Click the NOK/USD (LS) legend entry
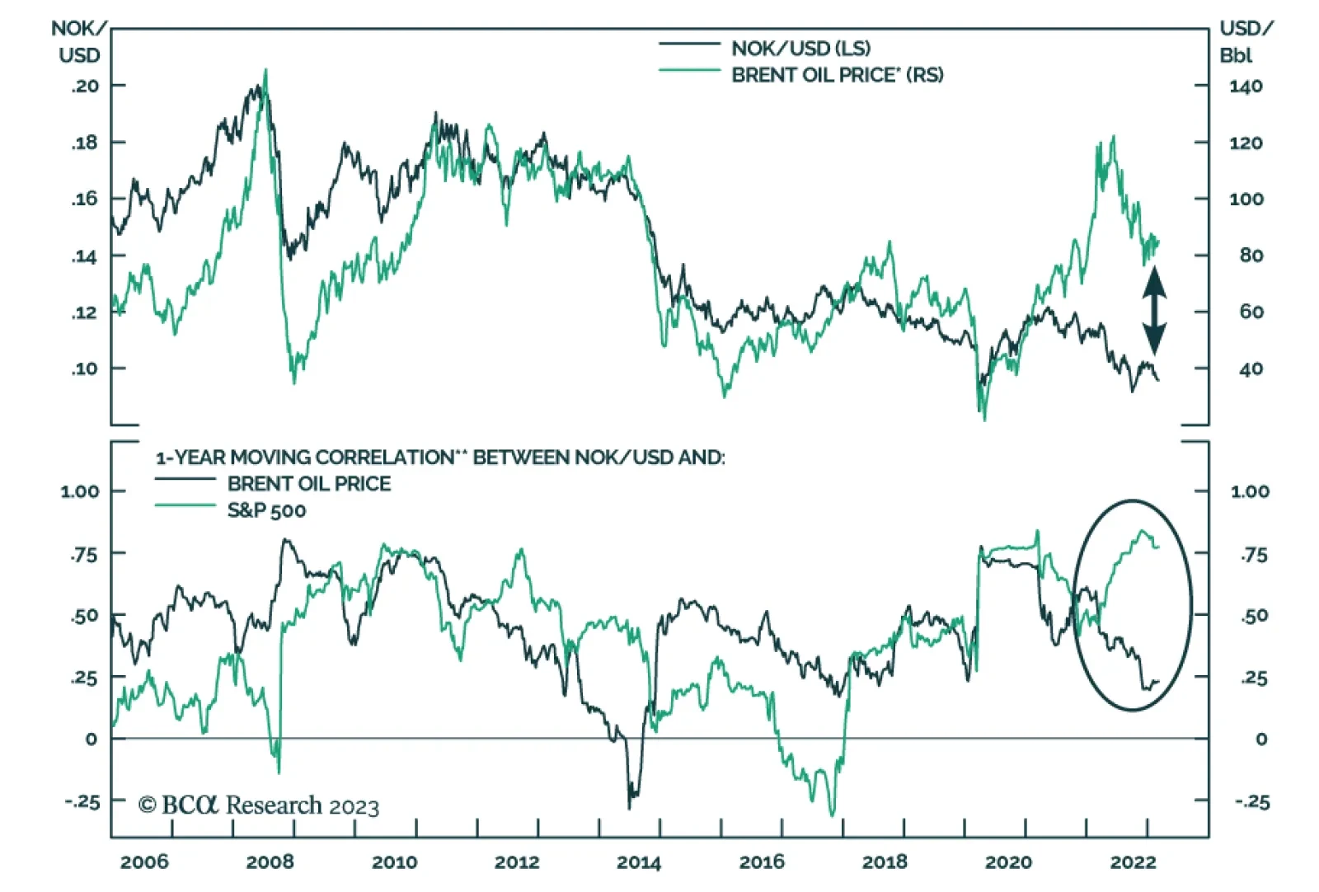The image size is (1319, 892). (800, 48)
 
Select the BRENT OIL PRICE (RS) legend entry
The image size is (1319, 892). (837, 75)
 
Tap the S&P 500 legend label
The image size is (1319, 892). (266, 511)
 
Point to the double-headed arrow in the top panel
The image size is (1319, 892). (1153, 311)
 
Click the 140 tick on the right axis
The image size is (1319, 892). (1245, 87)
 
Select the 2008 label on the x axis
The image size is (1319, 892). (270, 862)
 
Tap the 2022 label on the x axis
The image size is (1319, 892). (1133, 862)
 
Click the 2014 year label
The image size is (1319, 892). (639, 862)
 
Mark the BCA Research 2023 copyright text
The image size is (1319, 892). (259, 805)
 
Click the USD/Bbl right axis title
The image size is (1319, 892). (1245, 42)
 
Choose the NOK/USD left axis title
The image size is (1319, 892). (79, 42)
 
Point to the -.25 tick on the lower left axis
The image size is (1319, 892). (82, 801)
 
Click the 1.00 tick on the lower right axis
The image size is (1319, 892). (1250, 492)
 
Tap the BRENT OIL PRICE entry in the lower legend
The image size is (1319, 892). (309, 484)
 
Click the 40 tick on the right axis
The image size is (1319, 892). (1250, 369)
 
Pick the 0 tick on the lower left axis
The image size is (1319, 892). (91, 739)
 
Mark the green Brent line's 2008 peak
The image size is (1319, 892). (265, 71)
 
